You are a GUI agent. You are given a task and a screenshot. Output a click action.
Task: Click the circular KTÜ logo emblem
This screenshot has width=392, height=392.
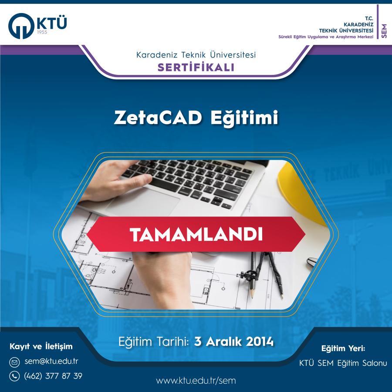point(21,26)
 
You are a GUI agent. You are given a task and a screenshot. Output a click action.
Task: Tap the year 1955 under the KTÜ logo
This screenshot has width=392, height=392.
point(42,32)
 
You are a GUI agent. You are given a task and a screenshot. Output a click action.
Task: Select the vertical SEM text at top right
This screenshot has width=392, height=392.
point(384,31)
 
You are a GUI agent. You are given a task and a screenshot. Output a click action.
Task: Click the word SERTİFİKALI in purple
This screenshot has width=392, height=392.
point(196,67)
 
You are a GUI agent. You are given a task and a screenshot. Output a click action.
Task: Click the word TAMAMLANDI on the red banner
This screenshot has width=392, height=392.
point(196,234)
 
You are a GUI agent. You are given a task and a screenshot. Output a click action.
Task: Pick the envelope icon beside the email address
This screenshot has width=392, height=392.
point(14,362)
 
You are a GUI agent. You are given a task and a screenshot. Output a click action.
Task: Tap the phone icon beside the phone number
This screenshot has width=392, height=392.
point(14,376)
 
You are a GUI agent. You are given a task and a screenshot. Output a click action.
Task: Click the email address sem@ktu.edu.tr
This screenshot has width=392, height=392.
point(51,361)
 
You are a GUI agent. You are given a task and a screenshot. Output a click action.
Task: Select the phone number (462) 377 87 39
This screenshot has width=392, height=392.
point(53,376)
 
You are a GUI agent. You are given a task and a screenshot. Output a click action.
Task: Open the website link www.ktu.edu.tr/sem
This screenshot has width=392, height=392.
point(196,381)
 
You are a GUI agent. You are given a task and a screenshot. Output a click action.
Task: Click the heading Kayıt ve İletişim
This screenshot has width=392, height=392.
point(41,347)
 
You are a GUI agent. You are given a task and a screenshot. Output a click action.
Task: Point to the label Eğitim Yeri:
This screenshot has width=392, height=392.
point(343,348)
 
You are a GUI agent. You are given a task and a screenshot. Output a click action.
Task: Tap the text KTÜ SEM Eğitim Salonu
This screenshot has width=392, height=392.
point(343,363)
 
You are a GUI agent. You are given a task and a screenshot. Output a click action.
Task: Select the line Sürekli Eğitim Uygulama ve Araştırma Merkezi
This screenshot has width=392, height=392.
point(326,37)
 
